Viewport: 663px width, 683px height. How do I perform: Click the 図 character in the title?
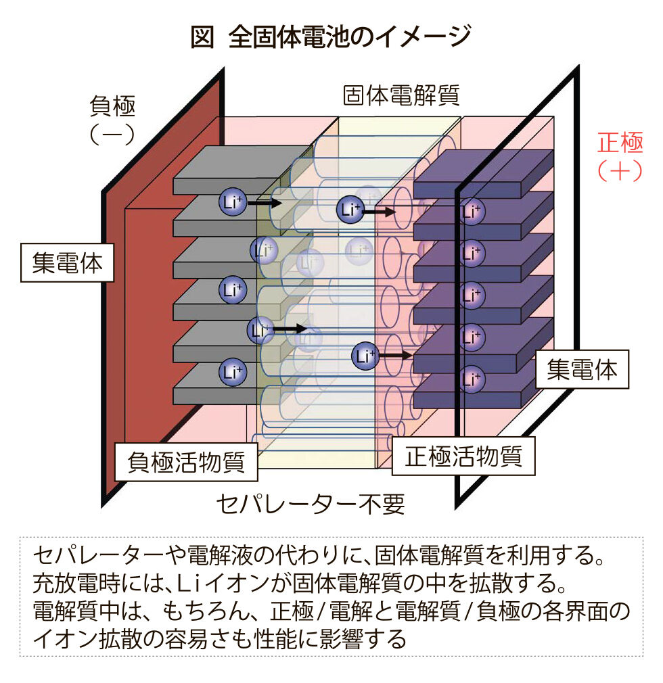coord(202,37)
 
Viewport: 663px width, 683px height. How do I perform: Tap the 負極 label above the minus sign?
coord(113,106)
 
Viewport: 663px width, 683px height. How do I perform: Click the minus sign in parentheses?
coord(112,135)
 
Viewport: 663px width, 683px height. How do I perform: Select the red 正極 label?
coord(620,143)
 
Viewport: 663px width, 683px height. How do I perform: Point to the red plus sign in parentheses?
coord(620,170)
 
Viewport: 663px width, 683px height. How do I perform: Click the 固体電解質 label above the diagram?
coord(401,95)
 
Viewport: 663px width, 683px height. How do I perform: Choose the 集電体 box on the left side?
coord(67,262)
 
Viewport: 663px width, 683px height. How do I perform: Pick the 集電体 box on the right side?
coord(582,369)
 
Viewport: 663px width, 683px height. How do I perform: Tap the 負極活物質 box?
coord(186,462)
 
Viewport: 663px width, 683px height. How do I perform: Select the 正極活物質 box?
coord(463,456)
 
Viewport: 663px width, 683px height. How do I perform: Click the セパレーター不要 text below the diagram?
coord(311,504)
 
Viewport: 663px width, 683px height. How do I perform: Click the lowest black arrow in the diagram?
coord(395,356)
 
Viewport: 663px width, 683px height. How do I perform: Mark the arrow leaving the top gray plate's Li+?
coord(265,203)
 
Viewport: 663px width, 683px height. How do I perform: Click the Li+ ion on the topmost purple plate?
coord(471,211)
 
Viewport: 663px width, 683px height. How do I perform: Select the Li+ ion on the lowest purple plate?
coord(471,379)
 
